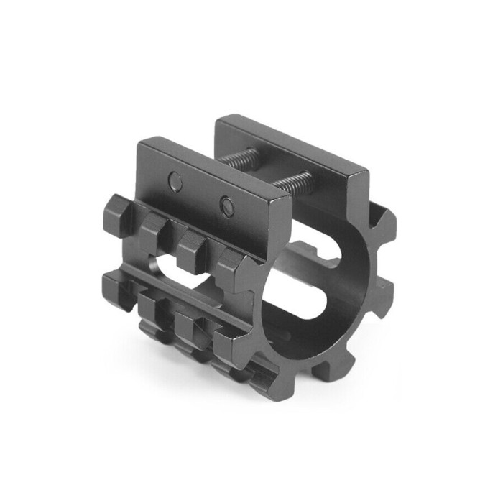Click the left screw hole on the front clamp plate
click(x=175, y=183)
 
